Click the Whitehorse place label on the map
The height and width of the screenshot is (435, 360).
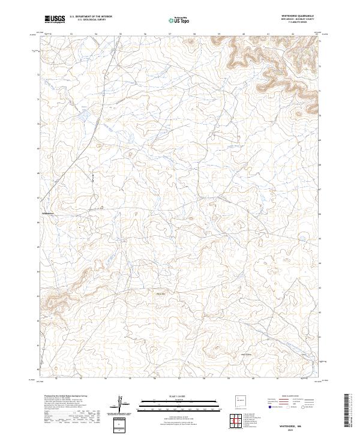[x=48, y=213]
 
